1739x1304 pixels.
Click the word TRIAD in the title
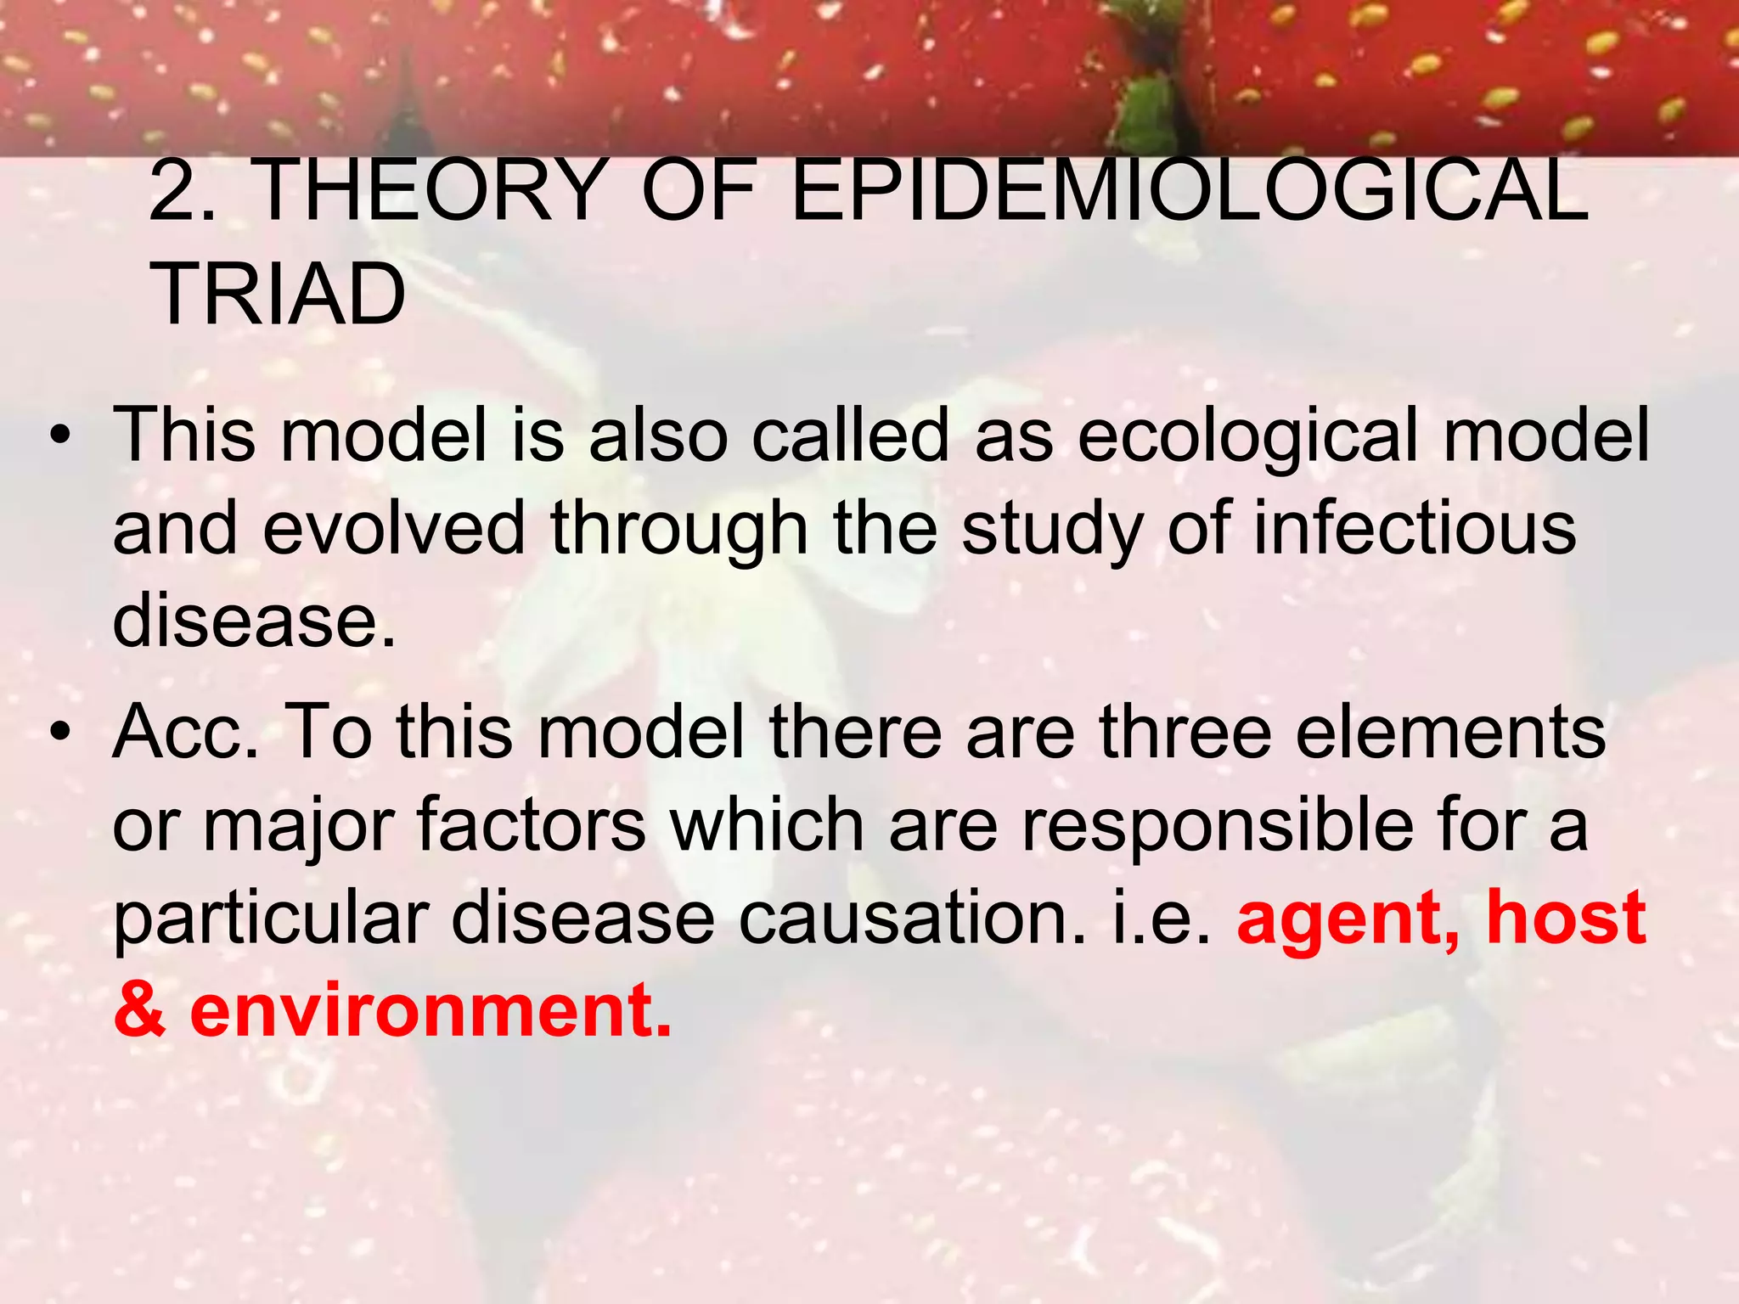(x=278, y=294)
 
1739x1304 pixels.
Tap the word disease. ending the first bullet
(x=254, y=620)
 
